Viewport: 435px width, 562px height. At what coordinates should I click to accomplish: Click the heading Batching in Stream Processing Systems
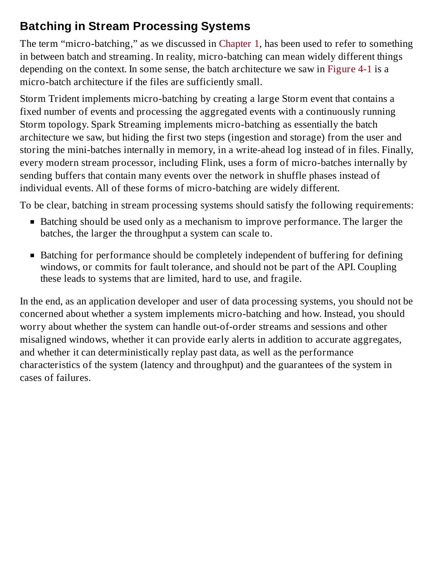pos(135,26)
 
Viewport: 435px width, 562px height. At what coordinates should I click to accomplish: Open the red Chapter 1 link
pos(239,44)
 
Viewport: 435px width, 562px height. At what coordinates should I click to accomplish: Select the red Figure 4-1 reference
pos(349,69)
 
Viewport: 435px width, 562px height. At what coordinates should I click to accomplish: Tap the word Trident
pos(64,99)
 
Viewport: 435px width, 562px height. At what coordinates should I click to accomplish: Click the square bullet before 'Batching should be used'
pos(32,222)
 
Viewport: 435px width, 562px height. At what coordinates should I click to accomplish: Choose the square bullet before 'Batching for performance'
pos(32,256)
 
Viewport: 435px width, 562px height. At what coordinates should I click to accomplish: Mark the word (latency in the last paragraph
pos(156,365)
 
